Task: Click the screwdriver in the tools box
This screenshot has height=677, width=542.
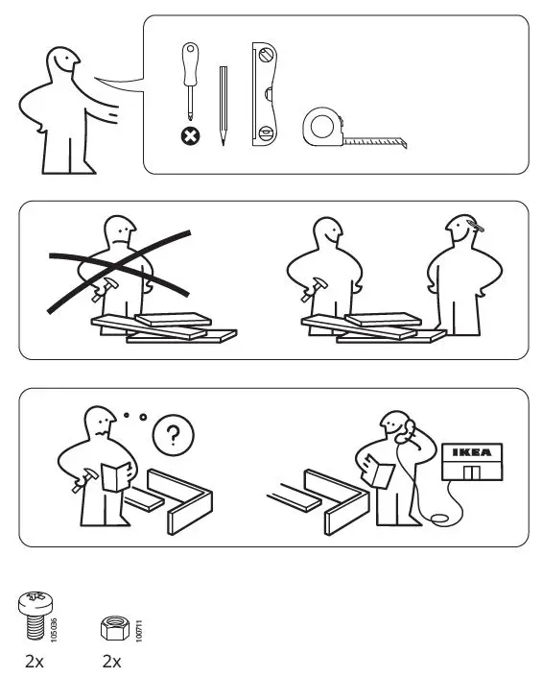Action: [x=190, y=82]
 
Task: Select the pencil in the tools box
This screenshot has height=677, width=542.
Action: [x=223, y=106]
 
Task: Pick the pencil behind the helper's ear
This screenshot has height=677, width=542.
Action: [x=475, y=228]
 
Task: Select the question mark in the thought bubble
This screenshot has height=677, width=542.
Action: [x=173, y=437]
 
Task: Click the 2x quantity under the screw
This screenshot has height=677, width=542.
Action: [x=35, y=662]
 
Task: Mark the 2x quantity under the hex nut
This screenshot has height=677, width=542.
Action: [x=112, y=662]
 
